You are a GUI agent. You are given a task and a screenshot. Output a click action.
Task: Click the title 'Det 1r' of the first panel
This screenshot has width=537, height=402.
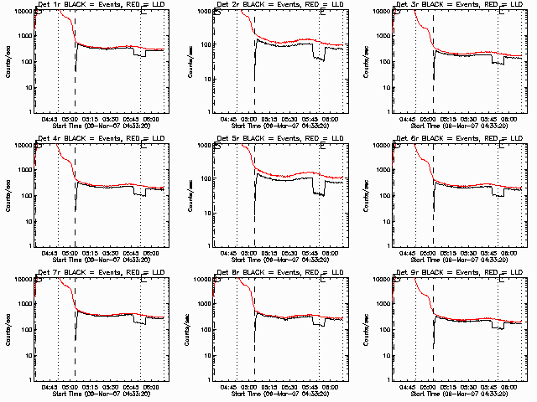(50, 6)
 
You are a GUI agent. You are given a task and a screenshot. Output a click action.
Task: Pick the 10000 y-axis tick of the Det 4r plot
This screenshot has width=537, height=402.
(25, 145)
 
